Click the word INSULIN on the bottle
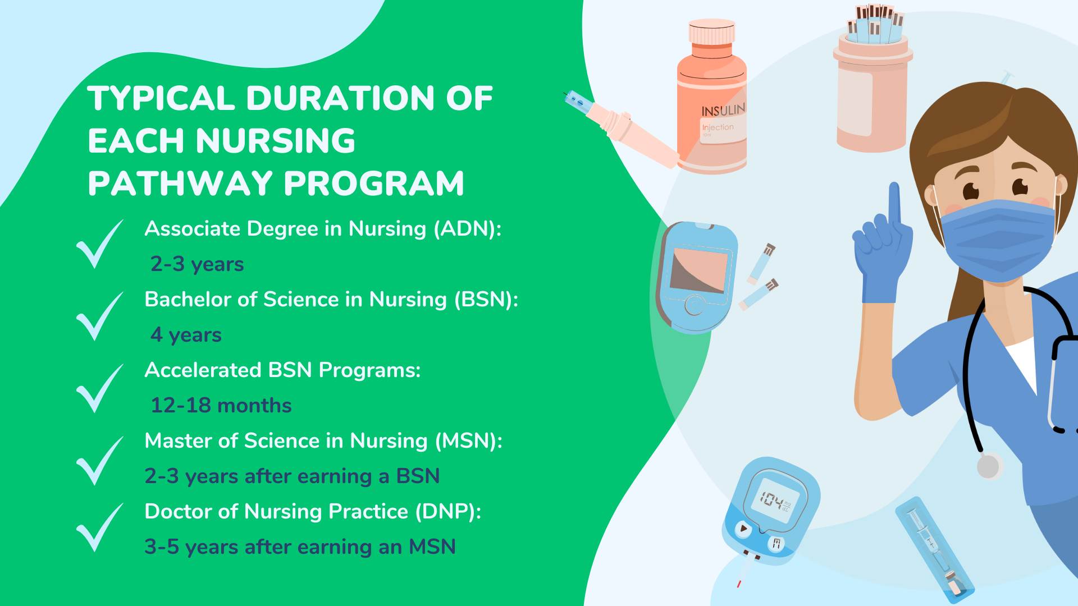click(x=723, y=110)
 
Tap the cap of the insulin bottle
click(x=712, y=33)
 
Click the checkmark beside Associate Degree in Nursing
click(x=99, y=244)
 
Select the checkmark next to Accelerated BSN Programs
click(x=99, y=388)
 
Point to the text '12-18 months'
click(x=221, y=405)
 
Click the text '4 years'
click(x=186, y=335)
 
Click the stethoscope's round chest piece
click(x=989, y=466)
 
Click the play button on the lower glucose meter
click(x=743, y=529)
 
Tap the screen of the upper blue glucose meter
click(x=700, y=270)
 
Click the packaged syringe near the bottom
click(x=934, y=550)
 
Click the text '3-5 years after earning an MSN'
click(x=300, y=547)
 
